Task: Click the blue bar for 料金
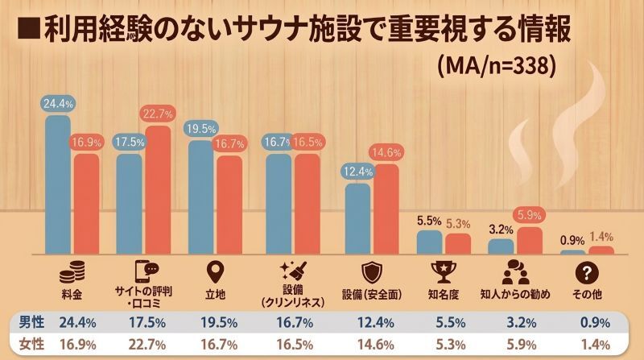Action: click(x=58, y=184)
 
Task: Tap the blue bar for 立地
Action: click(x=200, y=197)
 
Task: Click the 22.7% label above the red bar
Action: click(x=159, y=114)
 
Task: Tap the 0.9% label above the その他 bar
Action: click(x=572, y=239)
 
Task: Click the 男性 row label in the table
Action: click(x=31, y=322)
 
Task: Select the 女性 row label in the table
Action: click(x=31, y=345)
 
